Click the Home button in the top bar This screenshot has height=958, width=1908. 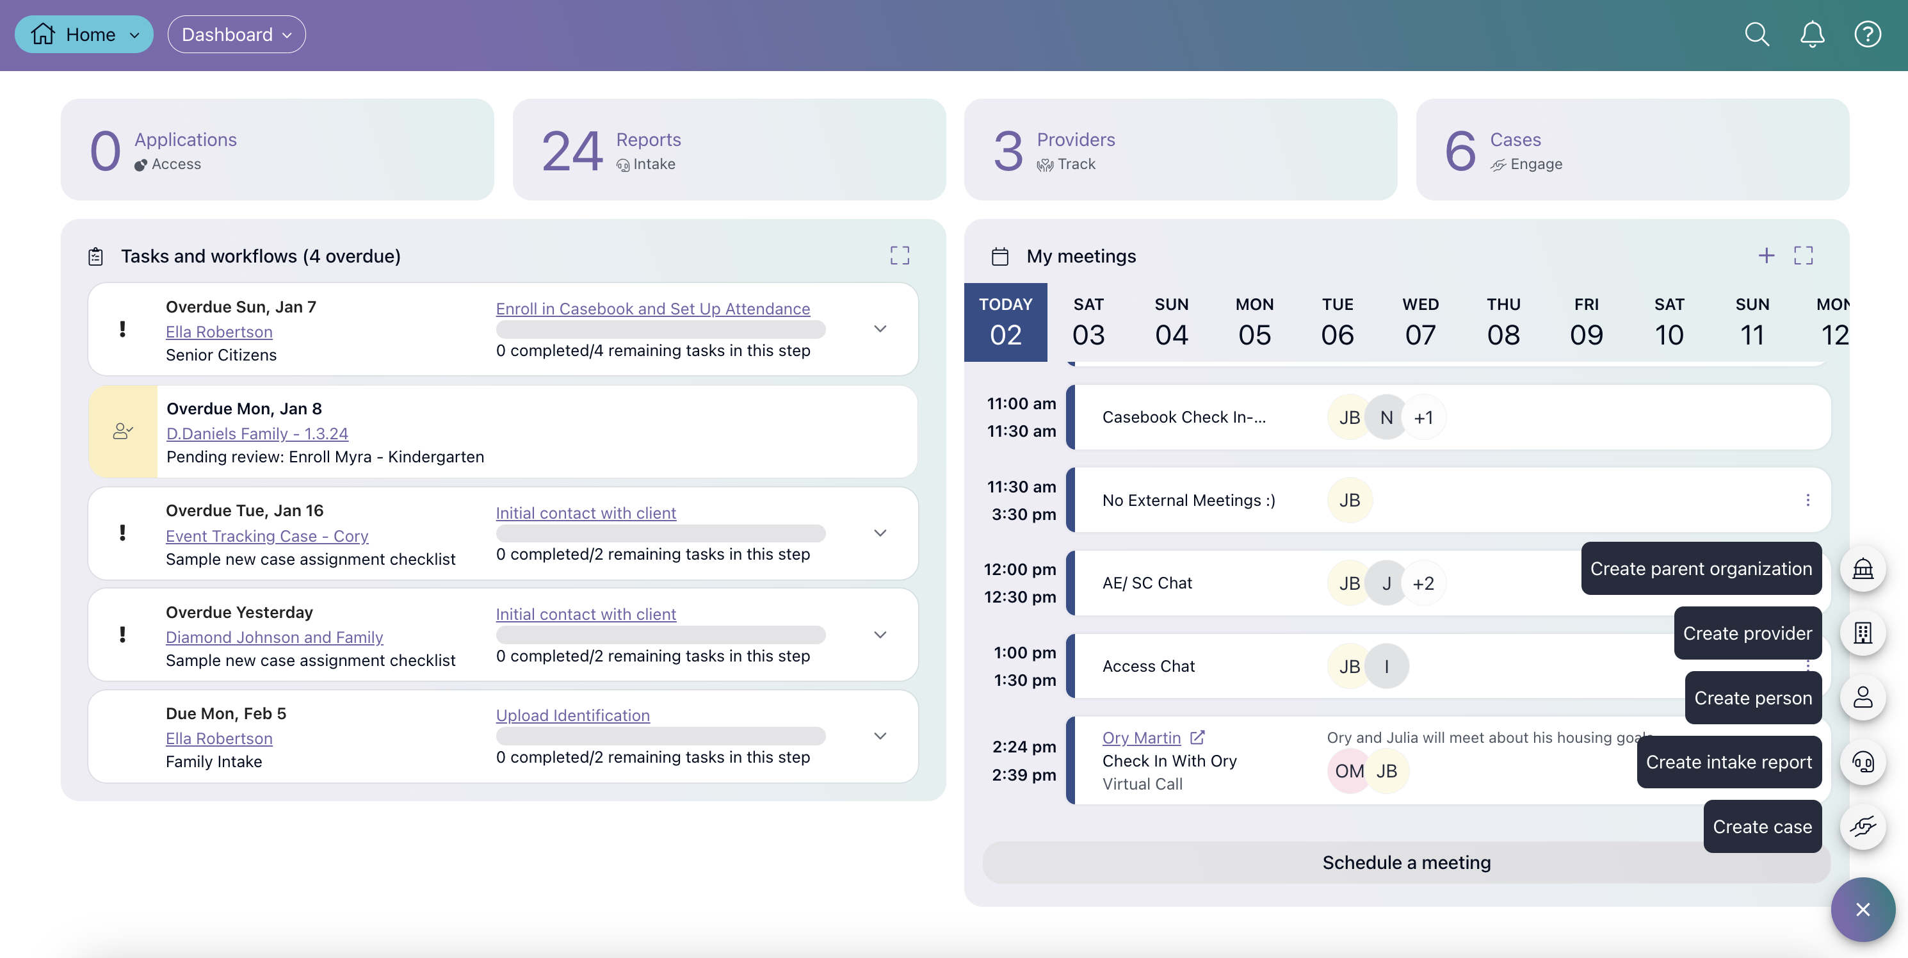84,34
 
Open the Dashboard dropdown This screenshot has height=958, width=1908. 236,34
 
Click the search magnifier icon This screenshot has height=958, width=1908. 1756,34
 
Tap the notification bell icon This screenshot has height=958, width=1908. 1812,34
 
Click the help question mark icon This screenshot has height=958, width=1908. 1867,34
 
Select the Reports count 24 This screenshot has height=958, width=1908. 572,150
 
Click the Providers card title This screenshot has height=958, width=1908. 1076,140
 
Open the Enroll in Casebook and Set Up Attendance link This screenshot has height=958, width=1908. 652,308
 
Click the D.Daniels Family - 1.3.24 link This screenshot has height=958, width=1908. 257,434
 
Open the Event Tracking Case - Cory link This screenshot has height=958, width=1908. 266,536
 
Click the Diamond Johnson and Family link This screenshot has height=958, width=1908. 274,637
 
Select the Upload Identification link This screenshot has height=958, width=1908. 572,715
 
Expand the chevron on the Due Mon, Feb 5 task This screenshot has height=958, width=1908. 880,736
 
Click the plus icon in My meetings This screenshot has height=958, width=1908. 1766,256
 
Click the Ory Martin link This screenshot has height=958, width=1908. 1142,737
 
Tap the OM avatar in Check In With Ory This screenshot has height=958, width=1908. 1349,770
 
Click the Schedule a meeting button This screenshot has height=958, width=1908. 1406,863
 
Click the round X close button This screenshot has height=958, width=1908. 1862,909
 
